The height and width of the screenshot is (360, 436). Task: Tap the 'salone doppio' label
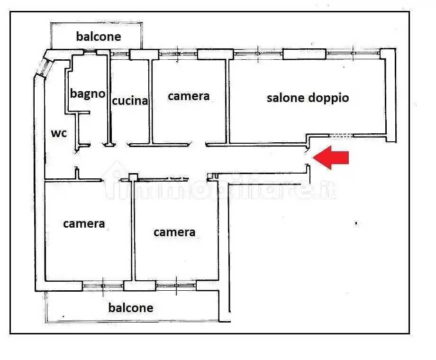pos(308,98)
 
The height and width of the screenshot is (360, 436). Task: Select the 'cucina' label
pos(130,101)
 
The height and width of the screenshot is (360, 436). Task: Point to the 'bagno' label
pos(88,93)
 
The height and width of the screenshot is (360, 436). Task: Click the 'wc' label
pos(59,133)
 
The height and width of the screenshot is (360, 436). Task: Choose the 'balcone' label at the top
pos(99,37)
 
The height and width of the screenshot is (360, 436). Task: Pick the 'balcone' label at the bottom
pos(131,308)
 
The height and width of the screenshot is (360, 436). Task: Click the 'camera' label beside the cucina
pos(189,96)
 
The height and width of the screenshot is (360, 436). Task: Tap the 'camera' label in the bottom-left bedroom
pos(84,223)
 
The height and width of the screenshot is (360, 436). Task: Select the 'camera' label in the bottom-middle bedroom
pos(174,232)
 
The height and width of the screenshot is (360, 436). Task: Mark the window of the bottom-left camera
pos(103,286)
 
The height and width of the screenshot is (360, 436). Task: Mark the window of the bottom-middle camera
pos(176,286)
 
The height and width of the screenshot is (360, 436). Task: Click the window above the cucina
pos(120,55)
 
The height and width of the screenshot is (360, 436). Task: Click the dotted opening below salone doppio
pos(342,136)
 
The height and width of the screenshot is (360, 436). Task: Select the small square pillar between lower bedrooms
pos(133,178)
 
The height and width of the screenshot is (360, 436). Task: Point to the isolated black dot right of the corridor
pos(356,222)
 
